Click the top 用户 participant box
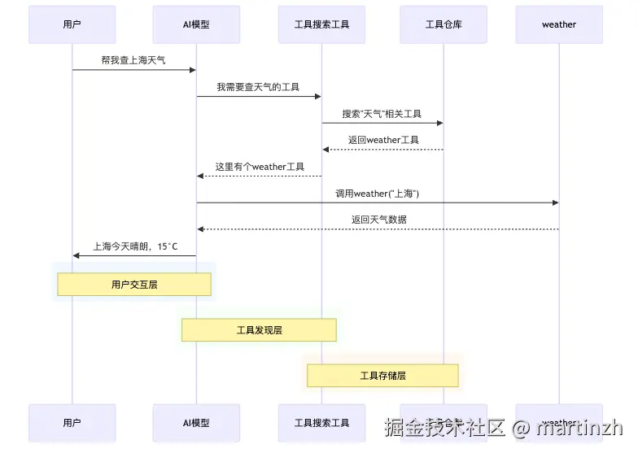[72, 24]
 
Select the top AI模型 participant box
[196, 24]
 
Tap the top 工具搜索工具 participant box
[321, 24]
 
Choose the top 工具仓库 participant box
[444, 24]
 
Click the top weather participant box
[559, 24]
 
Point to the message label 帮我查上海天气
[133, 60]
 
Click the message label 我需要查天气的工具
[258, 87]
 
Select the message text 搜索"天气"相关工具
[382, 114]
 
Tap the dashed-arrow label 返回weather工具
[383, 140]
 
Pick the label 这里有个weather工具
[260, 167]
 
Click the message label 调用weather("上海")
[377, 194]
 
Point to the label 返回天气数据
[379, 220]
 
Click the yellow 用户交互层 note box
[134, 285]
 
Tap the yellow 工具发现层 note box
[259, 330]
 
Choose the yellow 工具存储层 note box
[382, 376]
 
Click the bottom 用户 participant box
[72, 423]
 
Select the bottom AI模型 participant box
[196, 423]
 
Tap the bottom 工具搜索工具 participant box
[321, 423]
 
